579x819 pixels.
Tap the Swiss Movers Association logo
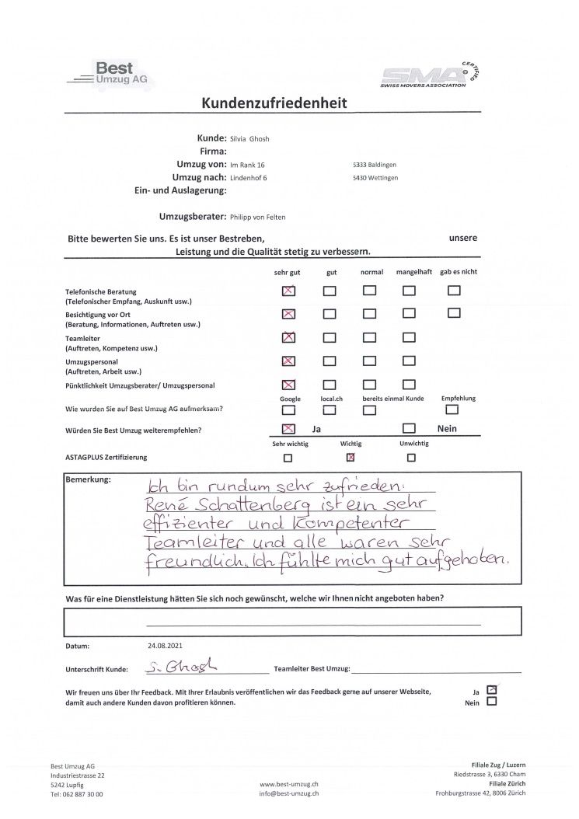431,75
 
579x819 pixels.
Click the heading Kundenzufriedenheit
274,103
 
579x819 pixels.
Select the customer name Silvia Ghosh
250,139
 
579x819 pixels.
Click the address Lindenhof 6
249,178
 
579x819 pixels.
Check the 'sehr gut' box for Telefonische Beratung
288,291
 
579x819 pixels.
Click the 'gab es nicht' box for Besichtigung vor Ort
454,313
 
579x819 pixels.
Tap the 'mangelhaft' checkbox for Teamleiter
409,338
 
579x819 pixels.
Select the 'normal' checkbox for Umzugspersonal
369,361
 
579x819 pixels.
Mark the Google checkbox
288,410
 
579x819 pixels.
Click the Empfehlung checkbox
452,410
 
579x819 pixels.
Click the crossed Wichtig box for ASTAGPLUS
351,458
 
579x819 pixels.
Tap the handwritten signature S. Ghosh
181,667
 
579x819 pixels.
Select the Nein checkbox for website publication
491,702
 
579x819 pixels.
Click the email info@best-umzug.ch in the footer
288,793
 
